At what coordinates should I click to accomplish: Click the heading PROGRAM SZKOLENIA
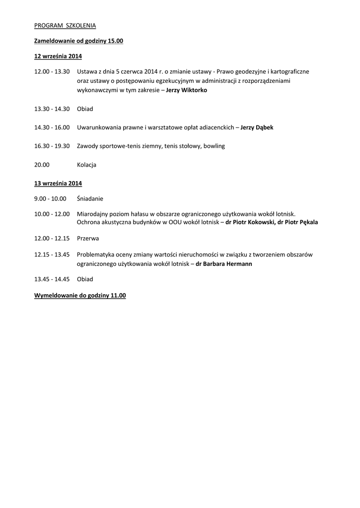(65, 25)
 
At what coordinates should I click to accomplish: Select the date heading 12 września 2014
(58, 56)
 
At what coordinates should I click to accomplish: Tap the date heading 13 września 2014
(58, 183)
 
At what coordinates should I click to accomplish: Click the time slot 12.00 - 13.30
(52, 71)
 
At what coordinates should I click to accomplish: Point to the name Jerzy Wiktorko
(186, 90)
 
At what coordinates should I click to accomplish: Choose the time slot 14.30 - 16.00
(52, 127)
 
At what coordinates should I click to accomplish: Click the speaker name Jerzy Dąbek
(257, 127)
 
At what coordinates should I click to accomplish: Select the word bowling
(214, 146)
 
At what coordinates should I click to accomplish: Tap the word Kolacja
(87, 165)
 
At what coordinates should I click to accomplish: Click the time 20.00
(42, 165)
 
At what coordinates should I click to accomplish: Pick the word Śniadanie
(90, 198)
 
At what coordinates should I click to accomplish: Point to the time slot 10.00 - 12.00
(52, 214)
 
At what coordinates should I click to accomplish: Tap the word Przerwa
(88, 238)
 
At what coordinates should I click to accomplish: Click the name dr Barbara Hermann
(224, 264)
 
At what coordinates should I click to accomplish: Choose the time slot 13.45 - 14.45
(52, 279)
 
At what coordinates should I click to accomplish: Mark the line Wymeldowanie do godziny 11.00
(80, 295)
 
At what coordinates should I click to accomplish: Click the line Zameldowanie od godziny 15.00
(78, 41)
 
